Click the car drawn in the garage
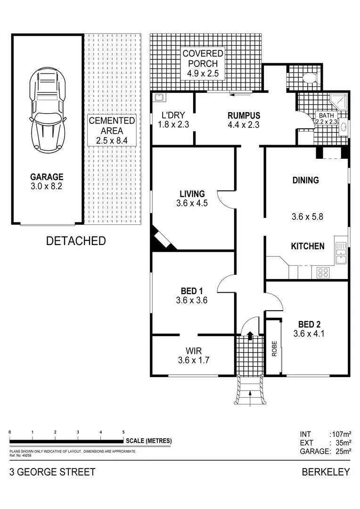point(47,108)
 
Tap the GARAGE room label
point(47,177)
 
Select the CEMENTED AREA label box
point(112,130)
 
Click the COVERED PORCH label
point(203,63)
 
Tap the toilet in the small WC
point(309,78)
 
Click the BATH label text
point(326,115)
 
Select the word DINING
point(305,180)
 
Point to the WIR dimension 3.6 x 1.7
point(193,360)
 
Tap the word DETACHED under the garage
point(75,241)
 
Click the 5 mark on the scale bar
point(123,432)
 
